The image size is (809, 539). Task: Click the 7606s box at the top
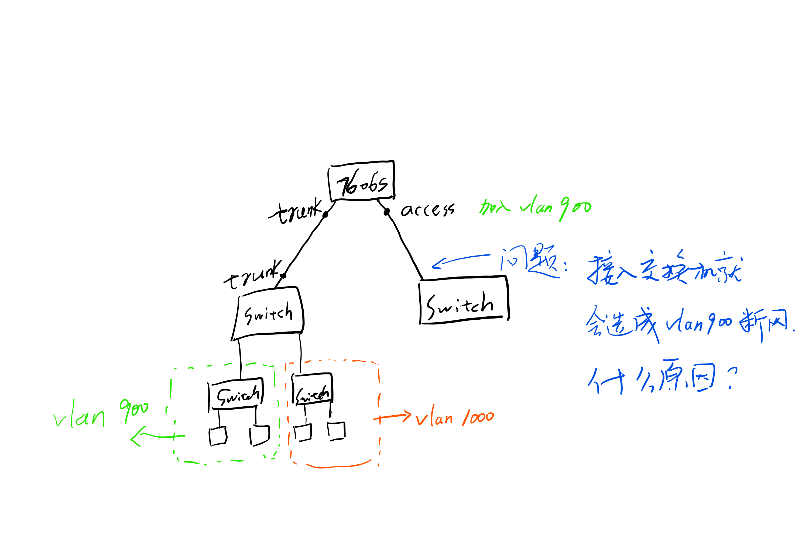point(361,181)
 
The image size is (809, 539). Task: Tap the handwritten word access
point(427,209)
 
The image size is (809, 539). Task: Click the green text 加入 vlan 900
point(535,207)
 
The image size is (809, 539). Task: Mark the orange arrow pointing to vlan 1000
point(392,417)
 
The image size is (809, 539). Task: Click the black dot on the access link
point(387,212)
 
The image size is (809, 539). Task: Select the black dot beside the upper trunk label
point(325,215)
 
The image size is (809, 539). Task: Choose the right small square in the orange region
point(336,431)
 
